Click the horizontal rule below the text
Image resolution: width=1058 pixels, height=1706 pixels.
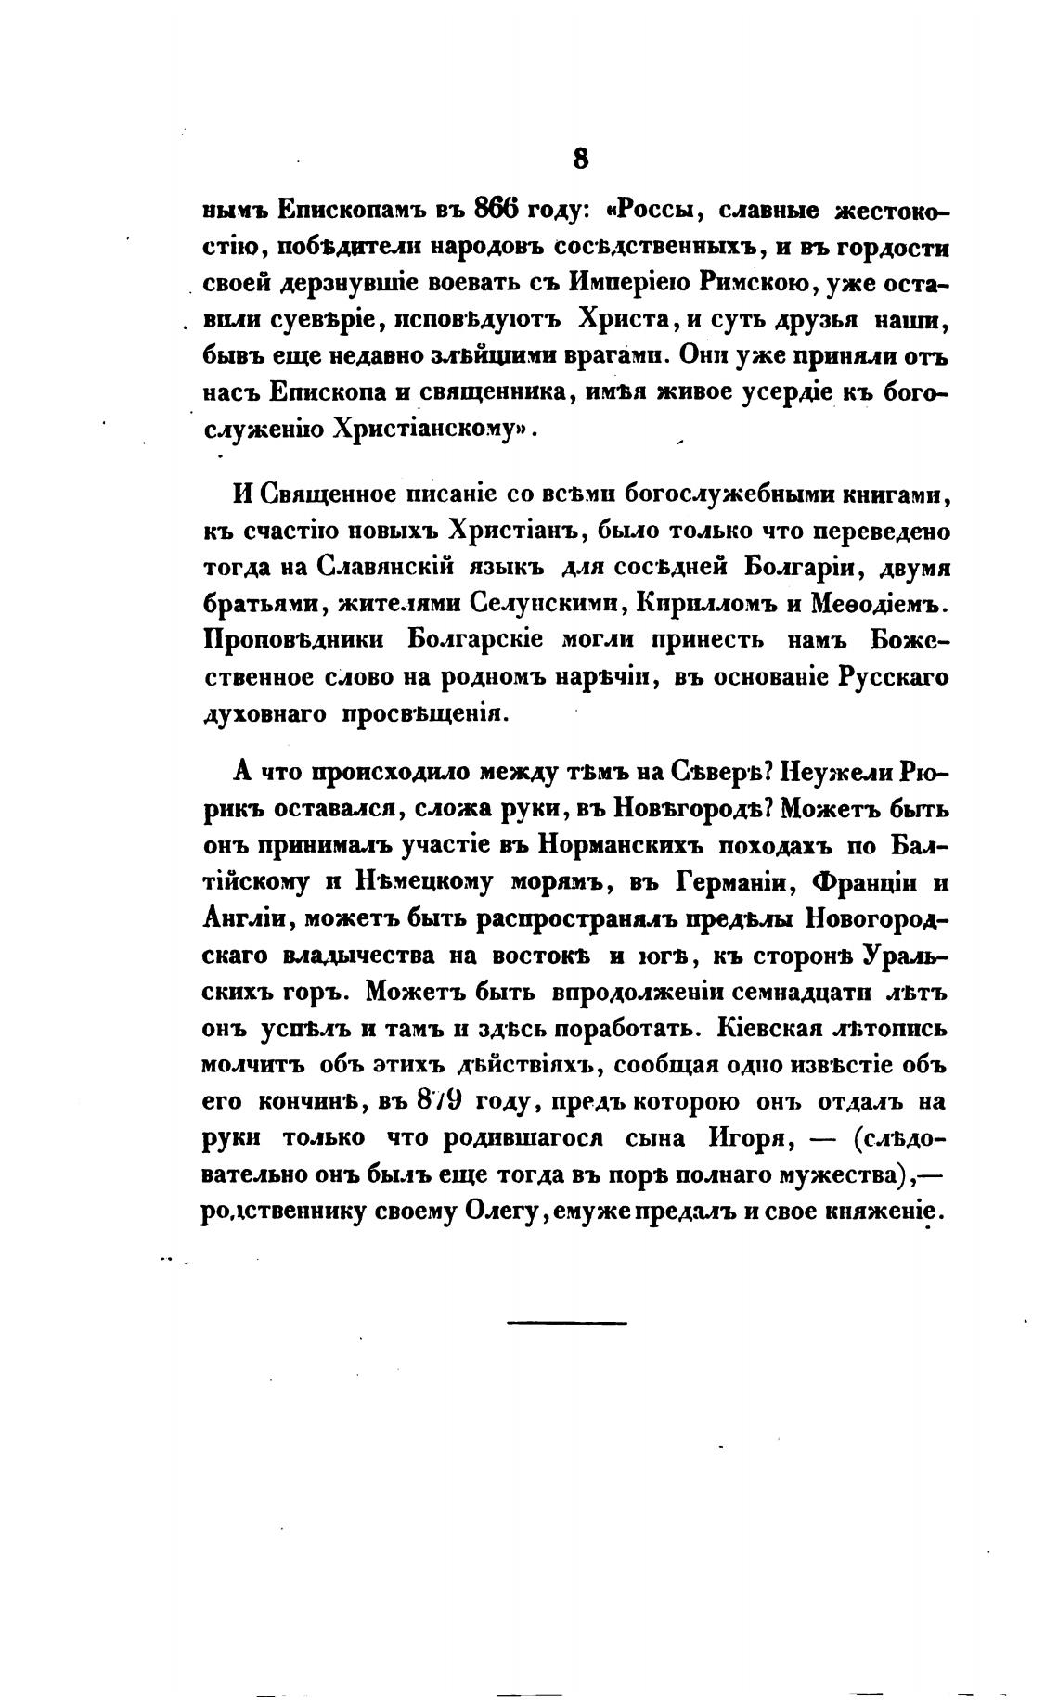pos(567,1322)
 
